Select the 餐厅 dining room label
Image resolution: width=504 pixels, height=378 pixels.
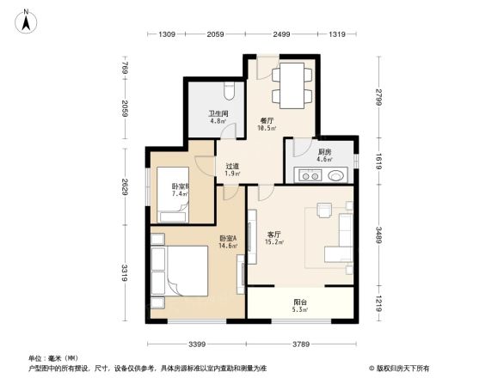coord(267,121)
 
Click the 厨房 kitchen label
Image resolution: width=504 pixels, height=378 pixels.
coord(323,151)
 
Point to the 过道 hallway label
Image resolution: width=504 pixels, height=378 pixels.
coord(231,167)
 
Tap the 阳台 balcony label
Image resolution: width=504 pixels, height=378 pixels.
coord(300,302)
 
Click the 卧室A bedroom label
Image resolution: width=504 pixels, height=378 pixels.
coord(227,237)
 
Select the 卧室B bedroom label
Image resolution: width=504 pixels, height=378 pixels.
coord(179,186)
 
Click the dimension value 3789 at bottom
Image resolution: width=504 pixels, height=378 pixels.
coord(301,344)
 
